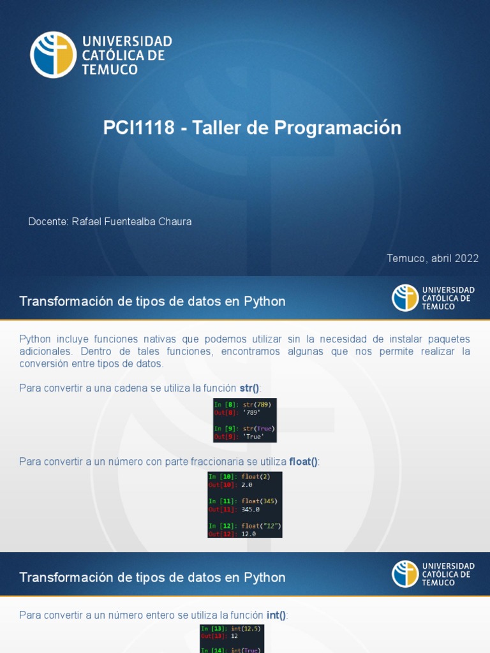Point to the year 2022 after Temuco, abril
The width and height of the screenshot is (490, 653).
tap(466, 258)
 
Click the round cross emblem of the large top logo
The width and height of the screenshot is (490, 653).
tap(53, 55)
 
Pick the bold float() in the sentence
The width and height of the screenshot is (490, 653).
tap(303, 462)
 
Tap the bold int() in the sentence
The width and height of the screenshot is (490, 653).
tap(277, 615)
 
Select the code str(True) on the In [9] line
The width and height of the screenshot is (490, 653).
tap(258, 429)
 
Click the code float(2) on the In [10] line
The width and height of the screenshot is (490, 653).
tap(256, 476)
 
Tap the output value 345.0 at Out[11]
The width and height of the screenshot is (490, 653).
tap(250, 510)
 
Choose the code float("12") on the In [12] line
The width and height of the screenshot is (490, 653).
tap(261, 525)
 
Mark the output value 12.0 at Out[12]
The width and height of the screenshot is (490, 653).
tap(248, 534)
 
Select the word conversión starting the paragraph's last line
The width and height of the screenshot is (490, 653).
tap(41, 364)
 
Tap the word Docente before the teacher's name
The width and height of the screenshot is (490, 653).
tap(47, 222)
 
